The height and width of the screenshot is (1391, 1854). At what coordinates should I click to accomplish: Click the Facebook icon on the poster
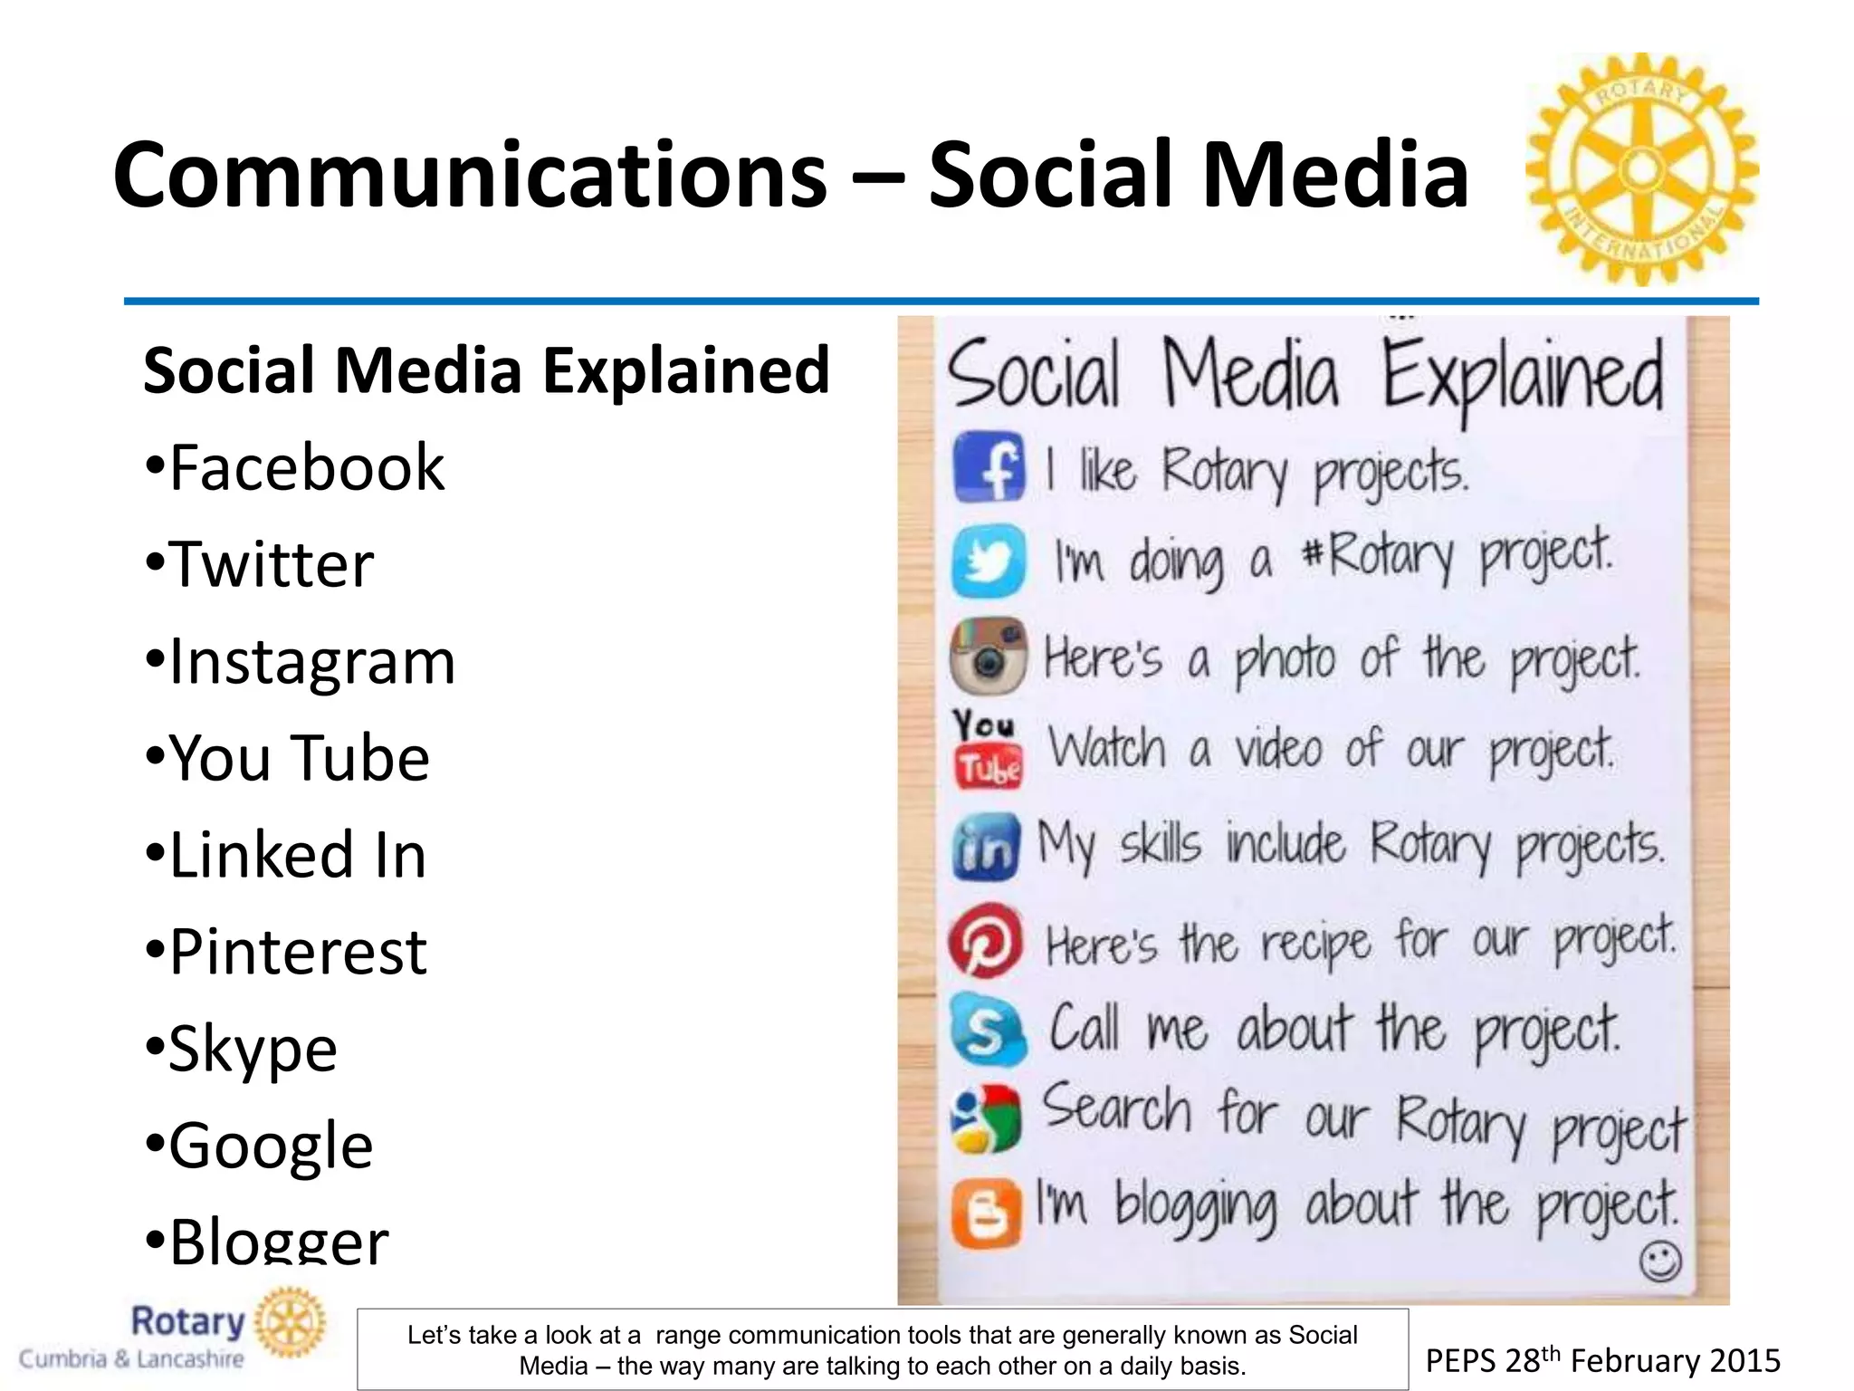pos(989,467)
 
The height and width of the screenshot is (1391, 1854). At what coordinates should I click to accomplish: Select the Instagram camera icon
pos(988,656)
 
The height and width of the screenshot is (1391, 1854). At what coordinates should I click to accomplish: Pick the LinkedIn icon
pos(986,846)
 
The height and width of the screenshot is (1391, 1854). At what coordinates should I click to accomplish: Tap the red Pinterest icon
pos(986,940)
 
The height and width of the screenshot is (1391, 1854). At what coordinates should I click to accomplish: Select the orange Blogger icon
pos(986,1213)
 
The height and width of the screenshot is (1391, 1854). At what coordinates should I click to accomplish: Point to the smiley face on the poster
pos(1660,1261)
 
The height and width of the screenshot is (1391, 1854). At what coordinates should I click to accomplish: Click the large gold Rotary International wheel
pos(1642,168)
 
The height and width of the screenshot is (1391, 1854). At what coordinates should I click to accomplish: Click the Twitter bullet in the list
pos(260,564)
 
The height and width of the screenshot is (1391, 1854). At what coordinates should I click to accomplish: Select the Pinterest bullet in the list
pos(286,952)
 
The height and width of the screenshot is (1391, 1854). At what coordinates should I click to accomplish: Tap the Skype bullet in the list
pos(242,1049)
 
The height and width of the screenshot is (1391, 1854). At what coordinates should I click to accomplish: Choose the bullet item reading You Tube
pos(287,758)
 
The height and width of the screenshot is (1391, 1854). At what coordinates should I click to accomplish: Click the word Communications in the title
pos(470,175)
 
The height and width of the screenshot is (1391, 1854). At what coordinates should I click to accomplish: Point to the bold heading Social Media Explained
pos(486,370)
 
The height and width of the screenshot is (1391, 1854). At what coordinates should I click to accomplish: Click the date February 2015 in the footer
pos(1675,1360)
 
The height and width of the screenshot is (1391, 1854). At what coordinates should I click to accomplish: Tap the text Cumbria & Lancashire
pos(132,1359)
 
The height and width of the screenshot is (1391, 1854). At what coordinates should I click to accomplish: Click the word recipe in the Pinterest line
pos(1316,944)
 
